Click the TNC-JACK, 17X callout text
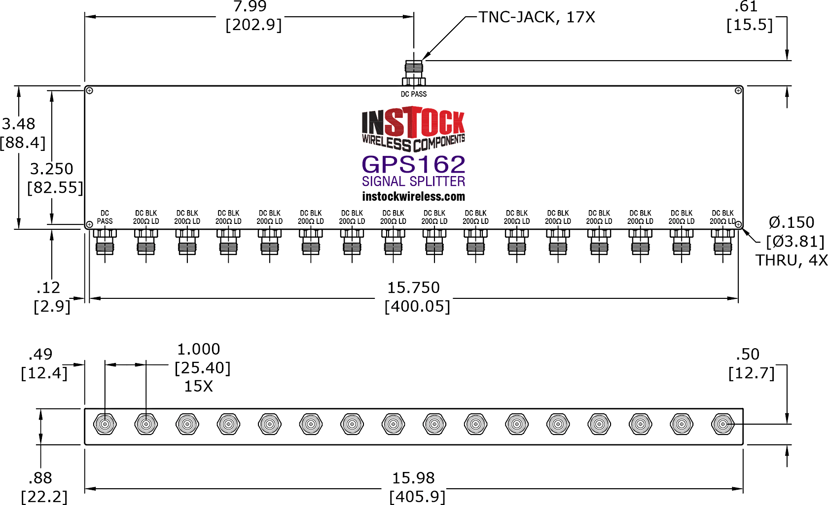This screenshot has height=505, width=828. (537, 17)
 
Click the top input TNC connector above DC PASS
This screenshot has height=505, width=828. (414, 73)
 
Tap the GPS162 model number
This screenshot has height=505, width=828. (413, 165)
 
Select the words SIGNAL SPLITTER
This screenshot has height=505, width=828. (413, 181)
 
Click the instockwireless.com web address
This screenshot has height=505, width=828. (413, 196)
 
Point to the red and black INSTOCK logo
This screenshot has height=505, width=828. (413, 129)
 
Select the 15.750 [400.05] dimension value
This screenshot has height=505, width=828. (417, 297)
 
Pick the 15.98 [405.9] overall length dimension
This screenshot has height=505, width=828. (417, 487)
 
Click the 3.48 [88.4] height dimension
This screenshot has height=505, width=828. (22, 133)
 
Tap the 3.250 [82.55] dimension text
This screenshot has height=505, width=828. (55, 178)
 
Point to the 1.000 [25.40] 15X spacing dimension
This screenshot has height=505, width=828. (202, 367)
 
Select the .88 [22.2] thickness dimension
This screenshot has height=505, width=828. (44, 487)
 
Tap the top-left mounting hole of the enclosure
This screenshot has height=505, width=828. (89, 91)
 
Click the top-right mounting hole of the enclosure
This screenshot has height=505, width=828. (738, 91)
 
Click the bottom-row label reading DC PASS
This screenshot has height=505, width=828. (105, 217)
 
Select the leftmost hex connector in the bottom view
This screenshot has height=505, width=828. (105, 424)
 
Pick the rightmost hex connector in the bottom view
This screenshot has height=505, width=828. (722, 424)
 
